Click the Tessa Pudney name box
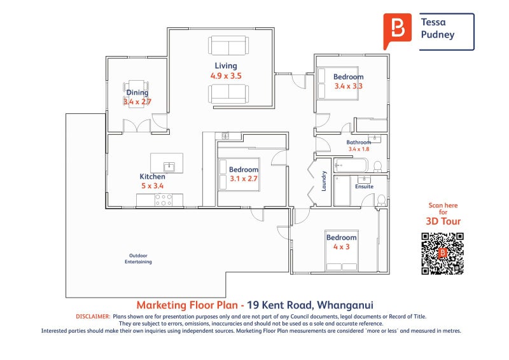click(445, 31)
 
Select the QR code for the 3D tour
click(442, 254)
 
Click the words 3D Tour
click(443, 221)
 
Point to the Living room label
click(225, 66)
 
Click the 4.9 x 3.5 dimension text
click(226, 76)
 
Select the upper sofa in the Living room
click(228, 46)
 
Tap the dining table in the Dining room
click(136, 94)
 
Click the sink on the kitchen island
click(169, 167)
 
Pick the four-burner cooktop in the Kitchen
click(164, 200)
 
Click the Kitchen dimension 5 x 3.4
click(152, 186)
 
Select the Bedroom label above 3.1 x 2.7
click(244, 170)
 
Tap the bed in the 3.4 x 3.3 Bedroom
click(337, 83)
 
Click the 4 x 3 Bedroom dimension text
click(342, 247)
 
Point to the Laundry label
click(324, 181)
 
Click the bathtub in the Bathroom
click(349, 165)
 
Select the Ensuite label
click(364, 187)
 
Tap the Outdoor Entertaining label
click(137, 258)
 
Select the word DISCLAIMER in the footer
click(93, 316)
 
